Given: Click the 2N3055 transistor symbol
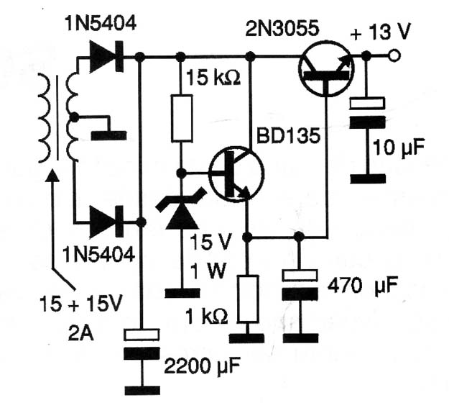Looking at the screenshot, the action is pos(326,69).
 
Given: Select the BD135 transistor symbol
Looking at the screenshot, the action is pos(236,174).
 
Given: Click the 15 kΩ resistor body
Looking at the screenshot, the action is pos(182,118).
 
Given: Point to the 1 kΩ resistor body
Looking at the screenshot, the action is pos(248,299).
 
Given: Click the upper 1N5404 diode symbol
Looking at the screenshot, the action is pos(106,56).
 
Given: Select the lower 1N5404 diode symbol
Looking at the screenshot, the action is pos(106,222).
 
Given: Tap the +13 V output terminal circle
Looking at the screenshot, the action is pos(394,55).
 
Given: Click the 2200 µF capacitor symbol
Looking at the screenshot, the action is pos(142,344).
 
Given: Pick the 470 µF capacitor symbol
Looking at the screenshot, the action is pos(300,285).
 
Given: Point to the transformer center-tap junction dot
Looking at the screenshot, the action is pos(74,117).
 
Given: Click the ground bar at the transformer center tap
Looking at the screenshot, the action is pos(108,135).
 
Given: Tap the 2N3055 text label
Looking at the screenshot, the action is pos(282,29).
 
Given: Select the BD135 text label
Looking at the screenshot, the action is pos(288,135).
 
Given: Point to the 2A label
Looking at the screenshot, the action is pos(80,333).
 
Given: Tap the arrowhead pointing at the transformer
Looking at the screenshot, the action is pos(52,176).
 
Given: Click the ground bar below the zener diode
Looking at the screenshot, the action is pos(182,293).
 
